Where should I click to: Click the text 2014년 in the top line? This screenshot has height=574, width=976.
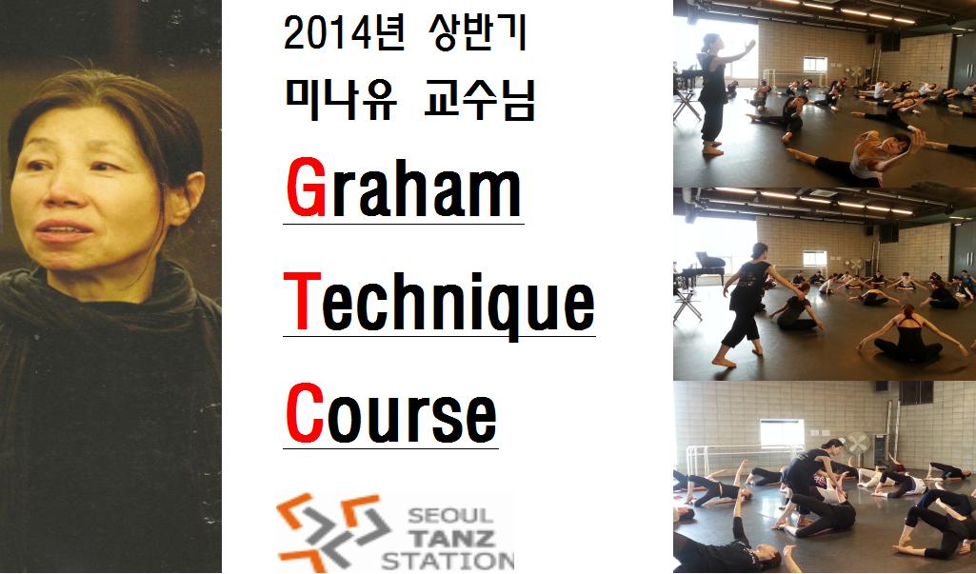click(x=344, y=34)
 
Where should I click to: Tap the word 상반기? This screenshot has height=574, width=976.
click(x=478, y=33)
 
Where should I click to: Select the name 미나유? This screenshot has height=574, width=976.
click(x=340, y=101)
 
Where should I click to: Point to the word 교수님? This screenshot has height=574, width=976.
click(x=479, y=101)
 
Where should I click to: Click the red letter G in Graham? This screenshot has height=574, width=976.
click(x=307, y=187)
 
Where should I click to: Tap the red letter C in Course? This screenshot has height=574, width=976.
click(x=305, y=412)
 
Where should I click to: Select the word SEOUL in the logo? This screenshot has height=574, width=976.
click(x=449, y=516)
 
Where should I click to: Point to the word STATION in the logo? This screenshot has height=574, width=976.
click(x=448, y=560)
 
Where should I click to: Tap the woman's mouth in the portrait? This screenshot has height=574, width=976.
click(x=64, y=231)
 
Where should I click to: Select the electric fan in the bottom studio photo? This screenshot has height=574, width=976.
click(x=858, y=445)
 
